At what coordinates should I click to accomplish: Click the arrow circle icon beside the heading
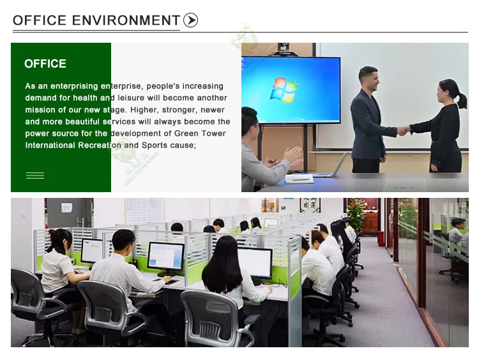click(190, 20)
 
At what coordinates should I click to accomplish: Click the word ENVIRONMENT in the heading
click(126, 20)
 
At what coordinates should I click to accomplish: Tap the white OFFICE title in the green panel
click(45, 64)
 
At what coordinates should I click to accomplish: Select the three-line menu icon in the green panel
click(35, 176)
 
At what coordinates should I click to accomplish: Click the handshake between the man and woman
click(404, 130)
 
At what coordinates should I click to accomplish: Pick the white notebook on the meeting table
click(300, 179)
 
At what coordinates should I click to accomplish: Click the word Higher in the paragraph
click(144, 110)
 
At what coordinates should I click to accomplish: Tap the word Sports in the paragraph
click(155, 146)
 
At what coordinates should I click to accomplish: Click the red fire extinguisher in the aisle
click(381, 239)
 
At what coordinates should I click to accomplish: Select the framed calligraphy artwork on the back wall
click(310, 205)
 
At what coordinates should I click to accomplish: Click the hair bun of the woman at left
click(52, 234)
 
